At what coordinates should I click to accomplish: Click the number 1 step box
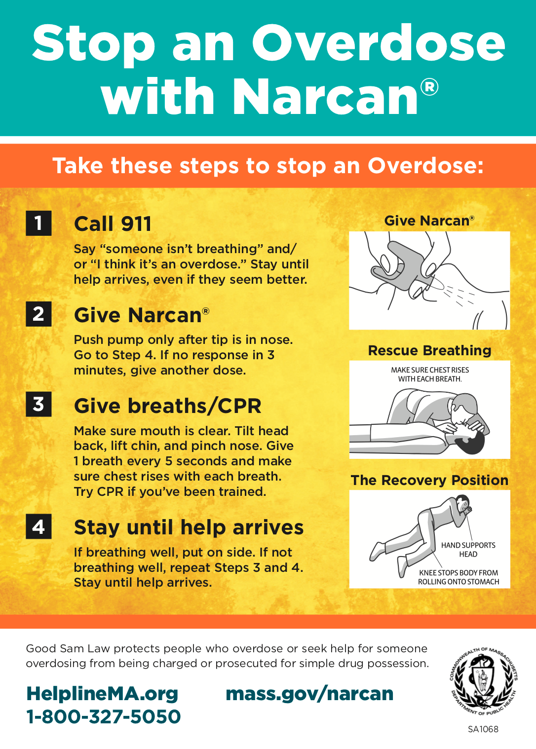pyautogui.click(x=38, y=223)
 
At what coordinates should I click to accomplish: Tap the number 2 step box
pyautogui.click(x=38, y=314)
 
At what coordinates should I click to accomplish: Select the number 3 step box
pyautogui.click(x=38, y=404)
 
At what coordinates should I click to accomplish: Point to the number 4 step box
pyautogui.click(x=38, y=526)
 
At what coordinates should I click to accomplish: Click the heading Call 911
pyautogui.click(x=113, y=224)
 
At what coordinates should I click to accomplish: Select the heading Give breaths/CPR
pyautogui.click(x=167, y=406)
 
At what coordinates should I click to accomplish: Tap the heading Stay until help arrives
pyautogui.click(x=189, y=527)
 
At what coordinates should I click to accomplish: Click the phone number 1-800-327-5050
pyautogui.click(x=103, y=716)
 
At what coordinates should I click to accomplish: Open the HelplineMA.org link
pyautogui.click(x=102, y=694)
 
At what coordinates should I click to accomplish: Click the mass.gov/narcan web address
pyautogui.click(x=309, y=694)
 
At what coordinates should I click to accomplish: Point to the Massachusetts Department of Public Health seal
pyautogui.click(x=483, y=681)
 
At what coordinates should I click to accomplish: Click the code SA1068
pyautogui.click(x=483, y=729)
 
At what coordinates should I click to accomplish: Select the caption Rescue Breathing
pyautogui.click(x=429, y=350)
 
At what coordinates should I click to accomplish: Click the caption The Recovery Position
pyautogui.click(x=429, y=480)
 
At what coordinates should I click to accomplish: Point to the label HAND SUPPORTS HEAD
pyautogui.click(x=468, y=550)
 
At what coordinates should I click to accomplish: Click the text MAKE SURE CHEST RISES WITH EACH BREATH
pyautogui.click(x=430, y=374)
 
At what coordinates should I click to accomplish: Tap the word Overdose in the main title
pyautogui.click(x=379, y=43)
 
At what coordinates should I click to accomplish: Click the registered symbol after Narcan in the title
pyautogui.click(x=429, y=87)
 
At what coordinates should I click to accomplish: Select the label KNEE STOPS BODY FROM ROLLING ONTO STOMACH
pyautogui.click(x=459, y=577)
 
